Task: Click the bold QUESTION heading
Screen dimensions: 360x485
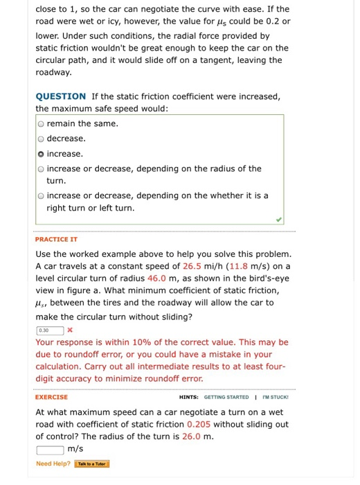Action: coord(61,96)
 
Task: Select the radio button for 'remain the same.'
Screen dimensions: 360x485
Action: coord(42,123)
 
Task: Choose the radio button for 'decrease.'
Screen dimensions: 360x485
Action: coord(42,139)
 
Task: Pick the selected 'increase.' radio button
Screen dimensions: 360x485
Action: coord(42,154)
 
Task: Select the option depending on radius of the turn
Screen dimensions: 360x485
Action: coord(42,168)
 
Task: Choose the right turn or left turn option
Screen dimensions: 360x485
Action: coord(42,195)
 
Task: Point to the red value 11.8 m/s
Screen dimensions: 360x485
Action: coord(250,265)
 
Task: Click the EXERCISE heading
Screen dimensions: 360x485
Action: coord(51,397)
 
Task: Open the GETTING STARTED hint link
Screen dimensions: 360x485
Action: coord(226,397)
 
